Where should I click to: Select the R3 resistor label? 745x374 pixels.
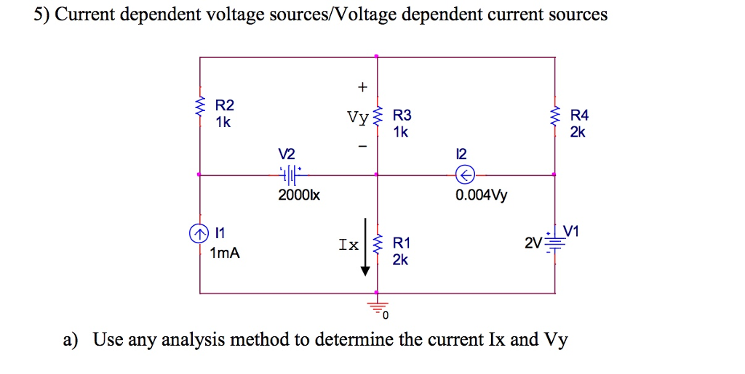[x=402, y=115]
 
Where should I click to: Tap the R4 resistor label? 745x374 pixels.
[x=580, y=115]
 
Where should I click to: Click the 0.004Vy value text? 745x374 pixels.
[x=482, y=196]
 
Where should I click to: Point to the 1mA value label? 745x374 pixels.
[x=224, y=253]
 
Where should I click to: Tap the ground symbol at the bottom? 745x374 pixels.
[x=377, y=306]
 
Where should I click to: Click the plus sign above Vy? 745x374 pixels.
[x=362, y=87]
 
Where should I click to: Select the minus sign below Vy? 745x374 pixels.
[x=362, y=147]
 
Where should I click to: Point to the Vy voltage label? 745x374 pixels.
[x=358, y=117]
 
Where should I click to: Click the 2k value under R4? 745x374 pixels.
[x=578, y=132]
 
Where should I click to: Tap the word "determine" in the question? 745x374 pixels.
[x=354, y=340]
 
